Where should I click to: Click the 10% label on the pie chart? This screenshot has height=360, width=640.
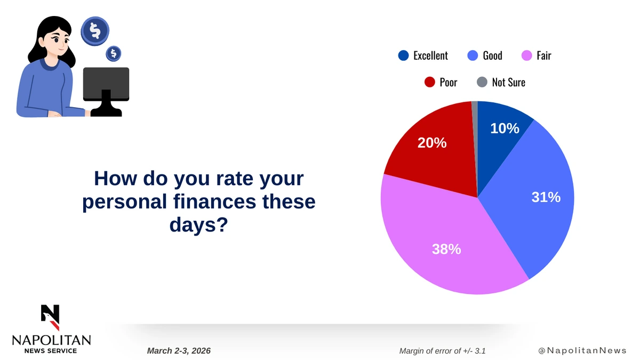(x=505, y=129)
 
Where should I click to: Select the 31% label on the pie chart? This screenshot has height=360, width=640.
(x=546, y=197)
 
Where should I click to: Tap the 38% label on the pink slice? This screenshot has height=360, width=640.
(x=446, y=249)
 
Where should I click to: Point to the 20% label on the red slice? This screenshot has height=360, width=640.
(x=432, y=143)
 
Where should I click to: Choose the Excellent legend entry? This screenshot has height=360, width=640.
(x=423, y=55)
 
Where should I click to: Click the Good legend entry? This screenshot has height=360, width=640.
(x=485, y=55)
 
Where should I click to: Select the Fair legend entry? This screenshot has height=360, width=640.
(x=537, y=55)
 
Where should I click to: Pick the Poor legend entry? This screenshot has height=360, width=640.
(x=441, y=82)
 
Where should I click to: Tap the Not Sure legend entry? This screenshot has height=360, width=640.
(x=501, y=82)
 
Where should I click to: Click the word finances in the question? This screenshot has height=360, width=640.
(x=214, y=202)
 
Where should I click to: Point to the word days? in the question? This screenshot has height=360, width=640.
(x=199, y=225)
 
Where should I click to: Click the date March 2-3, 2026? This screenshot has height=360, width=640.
(x=179, y=351)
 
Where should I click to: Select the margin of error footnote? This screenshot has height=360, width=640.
(x=442, y=351)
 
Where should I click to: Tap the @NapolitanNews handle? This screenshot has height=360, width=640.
(x=582, y=350)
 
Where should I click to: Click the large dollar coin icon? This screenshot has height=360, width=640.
(x=95, y=31)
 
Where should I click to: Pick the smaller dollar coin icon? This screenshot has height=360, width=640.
(x=114, y=53)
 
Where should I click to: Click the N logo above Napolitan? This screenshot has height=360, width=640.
(x=50, y=317)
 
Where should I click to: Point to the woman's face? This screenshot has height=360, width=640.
(x=58, y=42)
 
